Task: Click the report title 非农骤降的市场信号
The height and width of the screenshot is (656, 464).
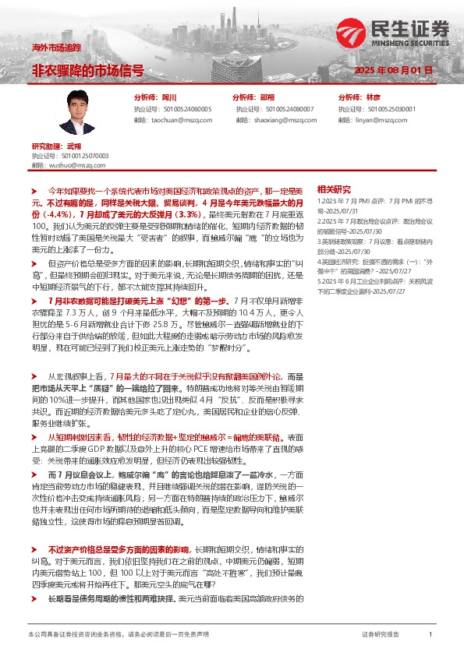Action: (87, 70)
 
